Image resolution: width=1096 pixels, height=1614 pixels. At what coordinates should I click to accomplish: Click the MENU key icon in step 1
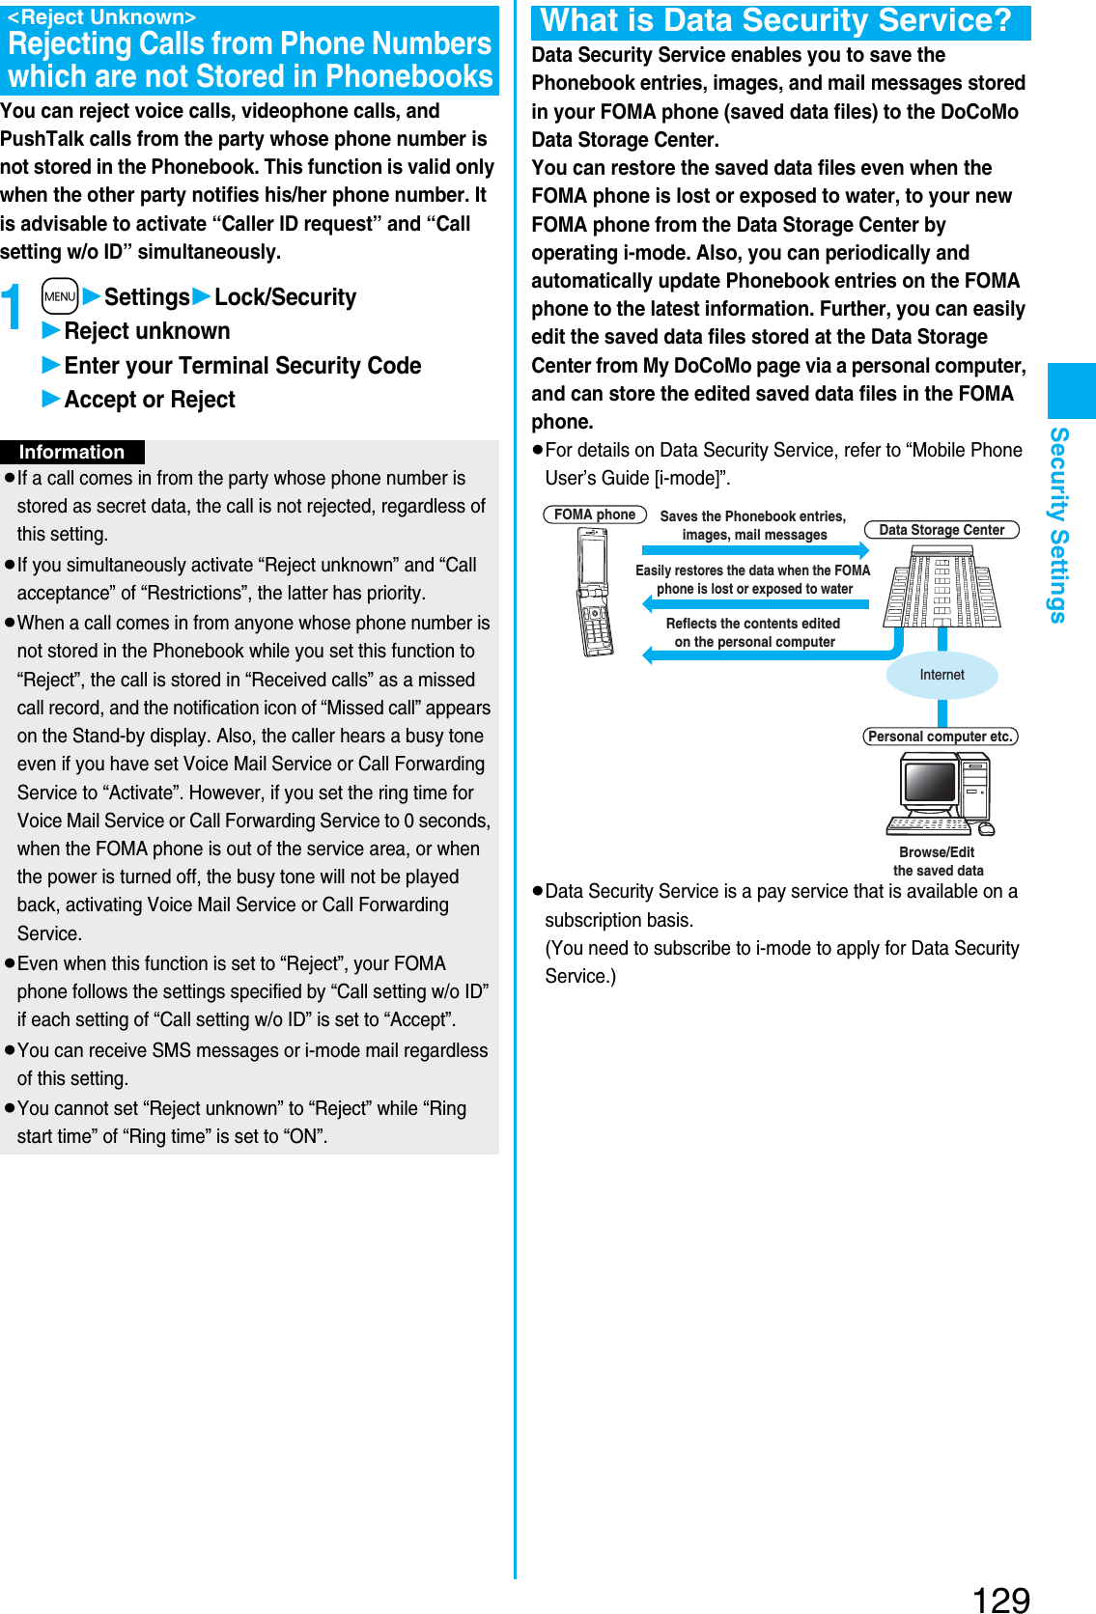click(60, 296)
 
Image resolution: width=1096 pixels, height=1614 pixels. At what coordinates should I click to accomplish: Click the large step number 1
click(13, 308)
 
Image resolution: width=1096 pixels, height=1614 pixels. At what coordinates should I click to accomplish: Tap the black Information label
click(72, 452)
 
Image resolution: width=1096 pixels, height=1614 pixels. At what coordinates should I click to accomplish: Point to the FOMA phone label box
click(594, 515)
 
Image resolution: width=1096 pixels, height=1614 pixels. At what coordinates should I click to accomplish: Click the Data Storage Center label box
click(941, 529)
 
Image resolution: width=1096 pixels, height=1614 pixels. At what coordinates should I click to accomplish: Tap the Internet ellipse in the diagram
click(941, 675)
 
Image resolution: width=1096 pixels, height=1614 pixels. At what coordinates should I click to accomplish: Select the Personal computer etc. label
click(940, 737)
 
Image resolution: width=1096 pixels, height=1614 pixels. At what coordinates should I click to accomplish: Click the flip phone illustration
click(595, 592)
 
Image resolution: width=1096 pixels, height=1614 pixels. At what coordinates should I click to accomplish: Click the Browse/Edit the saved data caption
click(938, 861)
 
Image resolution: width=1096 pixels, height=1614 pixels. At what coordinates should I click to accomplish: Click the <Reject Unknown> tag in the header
click(101, 16)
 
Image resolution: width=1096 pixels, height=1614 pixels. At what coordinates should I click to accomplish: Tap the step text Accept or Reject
click(150, 400)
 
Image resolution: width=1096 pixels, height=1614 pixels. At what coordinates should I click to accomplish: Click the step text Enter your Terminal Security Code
click(242, 366)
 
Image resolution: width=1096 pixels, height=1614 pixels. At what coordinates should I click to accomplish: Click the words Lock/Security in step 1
click(285, 297)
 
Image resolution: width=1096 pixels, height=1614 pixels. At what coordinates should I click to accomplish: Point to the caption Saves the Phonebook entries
click(753, 525)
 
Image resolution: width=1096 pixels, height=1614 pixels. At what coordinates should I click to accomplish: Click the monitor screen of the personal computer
click(929, 781)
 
